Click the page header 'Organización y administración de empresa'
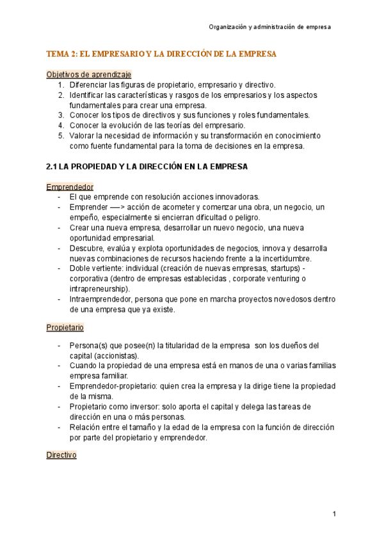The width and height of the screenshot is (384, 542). (x=269, y=27)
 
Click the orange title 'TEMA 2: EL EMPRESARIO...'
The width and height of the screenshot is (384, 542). (x=161, y=54)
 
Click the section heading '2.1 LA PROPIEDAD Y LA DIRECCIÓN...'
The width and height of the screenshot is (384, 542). (x=147, y=167)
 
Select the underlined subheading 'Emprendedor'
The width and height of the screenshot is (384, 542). (x=70, y=187)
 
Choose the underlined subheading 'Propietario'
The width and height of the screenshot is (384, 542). (x=65, y=327)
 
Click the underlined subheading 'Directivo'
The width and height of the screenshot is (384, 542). (x=61, y=454)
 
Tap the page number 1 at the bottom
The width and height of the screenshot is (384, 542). (x=334, y=515)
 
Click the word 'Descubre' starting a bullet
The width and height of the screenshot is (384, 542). (x=86, y=248)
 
